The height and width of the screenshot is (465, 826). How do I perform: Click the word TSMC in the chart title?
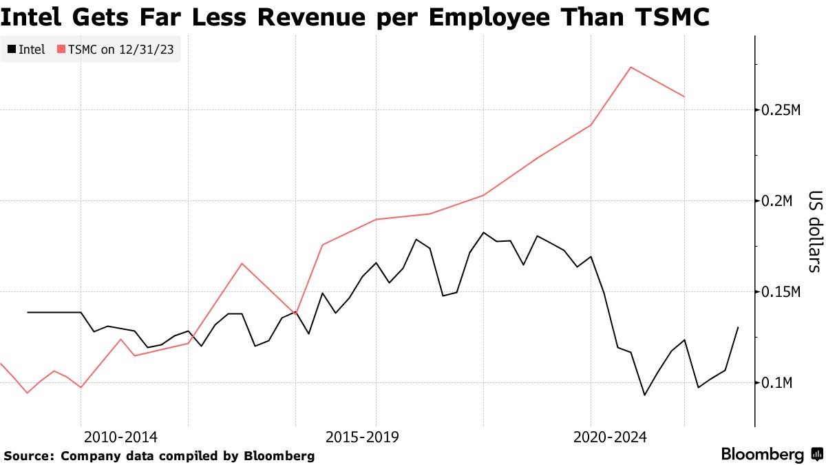(x=667, y=17)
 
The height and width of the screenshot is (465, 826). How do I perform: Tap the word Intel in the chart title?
(x=34, y=17)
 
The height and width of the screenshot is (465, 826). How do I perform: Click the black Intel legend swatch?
(x=12, y=50)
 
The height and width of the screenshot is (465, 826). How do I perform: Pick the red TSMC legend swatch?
(x=61, y=50)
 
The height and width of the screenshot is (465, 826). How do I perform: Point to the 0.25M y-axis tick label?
(x=779, y=110)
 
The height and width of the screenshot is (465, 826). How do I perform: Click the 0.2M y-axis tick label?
(x=775, y=201)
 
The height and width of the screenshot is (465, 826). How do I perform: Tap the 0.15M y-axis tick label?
(x=779, y=292)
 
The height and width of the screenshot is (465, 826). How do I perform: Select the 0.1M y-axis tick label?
(x=775, y=383)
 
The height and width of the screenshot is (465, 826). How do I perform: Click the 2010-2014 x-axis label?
(x=120, y=437)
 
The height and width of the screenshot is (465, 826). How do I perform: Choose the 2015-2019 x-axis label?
(x=362, y=437)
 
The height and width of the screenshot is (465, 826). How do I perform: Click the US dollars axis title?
(x=814, y=231)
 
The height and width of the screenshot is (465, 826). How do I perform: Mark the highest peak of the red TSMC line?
(x=631, y=68)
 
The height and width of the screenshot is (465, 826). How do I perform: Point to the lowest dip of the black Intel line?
(x=644, y=395)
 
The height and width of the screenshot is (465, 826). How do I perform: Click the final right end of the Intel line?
(x=738, y=327)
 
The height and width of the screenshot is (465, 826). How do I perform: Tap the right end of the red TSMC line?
(x=684, y=96)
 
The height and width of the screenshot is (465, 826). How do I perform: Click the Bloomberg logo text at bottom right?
(x=762, y=455)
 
